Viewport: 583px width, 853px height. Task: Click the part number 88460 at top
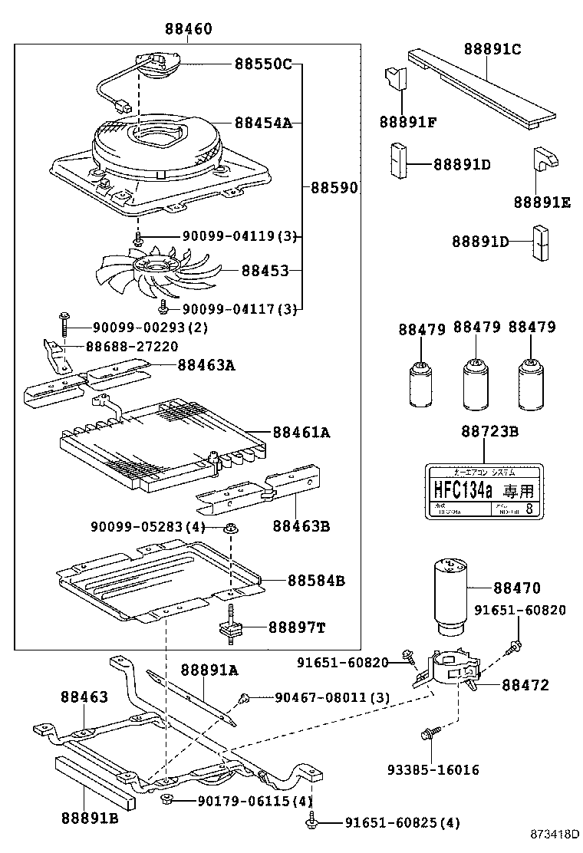(188, 29)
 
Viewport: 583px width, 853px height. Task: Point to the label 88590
(333, 187)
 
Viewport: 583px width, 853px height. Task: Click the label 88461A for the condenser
(299, 433)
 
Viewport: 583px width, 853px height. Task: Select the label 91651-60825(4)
(392, 824)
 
